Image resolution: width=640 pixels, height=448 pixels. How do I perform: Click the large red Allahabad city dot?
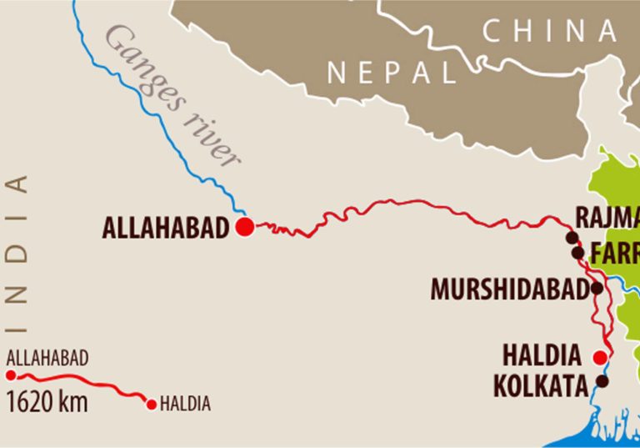[x=244, y=227]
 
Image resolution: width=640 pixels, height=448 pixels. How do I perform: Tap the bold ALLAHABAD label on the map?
[x=165, y=228]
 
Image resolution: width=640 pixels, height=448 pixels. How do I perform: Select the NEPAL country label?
[x=391, y=73]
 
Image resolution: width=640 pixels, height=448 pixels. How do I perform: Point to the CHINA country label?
[x=550, y=32]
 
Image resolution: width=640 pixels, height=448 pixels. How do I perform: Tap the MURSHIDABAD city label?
[x=509, y=289]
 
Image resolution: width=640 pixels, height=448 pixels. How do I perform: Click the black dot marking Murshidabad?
[x=597, y=288]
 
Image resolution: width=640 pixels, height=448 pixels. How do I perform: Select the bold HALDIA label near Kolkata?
[x=542, y=356]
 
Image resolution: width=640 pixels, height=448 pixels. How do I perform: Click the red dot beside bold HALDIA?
[x=598, y=358]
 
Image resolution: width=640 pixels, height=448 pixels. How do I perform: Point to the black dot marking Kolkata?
[x=602, y=381]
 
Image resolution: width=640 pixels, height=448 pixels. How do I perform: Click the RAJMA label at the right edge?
[x=607, y=219]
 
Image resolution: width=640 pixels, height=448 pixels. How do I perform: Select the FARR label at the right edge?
[x=614, y=251]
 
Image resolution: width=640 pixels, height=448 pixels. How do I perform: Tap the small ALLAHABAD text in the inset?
[x=47, y=359]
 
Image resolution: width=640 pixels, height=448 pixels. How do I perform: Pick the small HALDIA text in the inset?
[x=185, y=405]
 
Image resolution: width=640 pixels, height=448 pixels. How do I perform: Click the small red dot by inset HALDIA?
[x=151, y=405]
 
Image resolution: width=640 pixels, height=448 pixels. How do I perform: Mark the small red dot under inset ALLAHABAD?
[x=10, y=375]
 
